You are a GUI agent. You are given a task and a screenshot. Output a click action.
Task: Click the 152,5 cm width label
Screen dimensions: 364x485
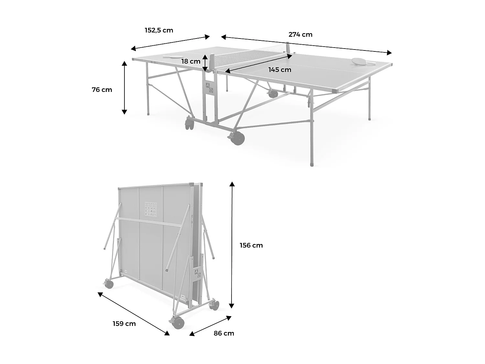pos(159,30)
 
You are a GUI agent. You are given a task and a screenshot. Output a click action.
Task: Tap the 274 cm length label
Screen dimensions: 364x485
pos(300,35)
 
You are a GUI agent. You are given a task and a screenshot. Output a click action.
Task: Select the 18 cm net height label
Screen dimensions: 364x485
pos(191,61)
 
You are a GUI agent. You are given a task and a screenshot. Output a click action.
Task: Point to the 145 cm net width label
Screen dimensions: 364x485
pos(280,70)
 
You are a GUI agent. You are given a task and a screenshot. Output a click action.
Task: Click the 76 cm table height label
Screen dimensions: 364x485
pos(102,90)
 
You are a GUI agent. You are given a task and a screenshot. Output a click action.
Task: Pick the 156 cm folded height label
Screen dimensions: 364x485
pos(251,245)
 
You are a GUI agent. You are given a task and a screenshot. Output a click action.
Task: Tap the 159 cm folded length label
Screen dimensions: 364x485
pos(124,324)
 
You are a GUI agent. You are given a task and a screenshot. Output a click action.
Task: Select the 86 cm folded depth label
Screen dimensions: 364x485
pos(224,333)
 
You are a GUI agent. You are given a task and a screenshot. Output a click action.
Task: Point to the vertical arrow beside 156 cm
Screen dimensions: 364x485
pos(232,245)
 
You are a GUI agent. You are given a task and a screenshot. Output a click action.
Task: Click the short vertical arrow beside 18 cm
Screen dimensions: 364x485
pos(205,63)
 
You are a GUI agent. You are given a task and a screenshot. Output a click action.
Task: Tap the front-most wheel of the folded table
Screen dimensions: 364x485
pos(178,323)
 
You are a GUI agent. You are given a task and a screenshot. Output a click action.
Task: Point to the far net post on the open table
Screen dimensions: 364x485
pos(288,47)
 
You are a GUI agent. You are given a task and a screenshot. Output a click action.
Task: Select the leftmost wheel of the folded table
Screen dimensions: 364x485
pos(109,284)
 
